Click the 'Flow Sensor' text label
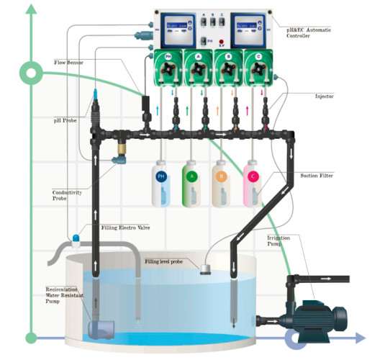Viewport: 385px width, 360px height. click(68, 63)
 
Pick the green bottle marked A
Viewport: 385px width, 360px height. click(191, 184)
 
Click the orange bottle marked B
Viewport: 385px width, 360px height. click(222, 184)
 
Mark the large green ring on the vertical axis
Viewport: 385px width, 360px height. click(31, 71)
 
